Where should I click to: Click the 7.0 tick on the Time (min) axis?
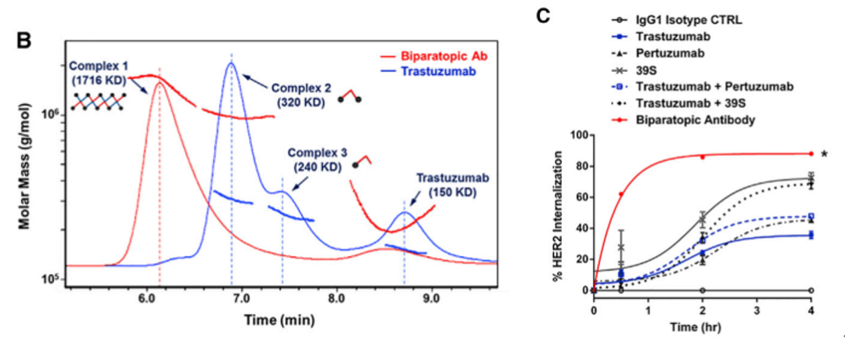tap(241, 298)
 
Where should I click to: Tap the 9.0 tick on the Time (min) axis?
tap(430, 298)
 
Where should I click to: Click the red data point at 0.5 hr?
tap(621, 194)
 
